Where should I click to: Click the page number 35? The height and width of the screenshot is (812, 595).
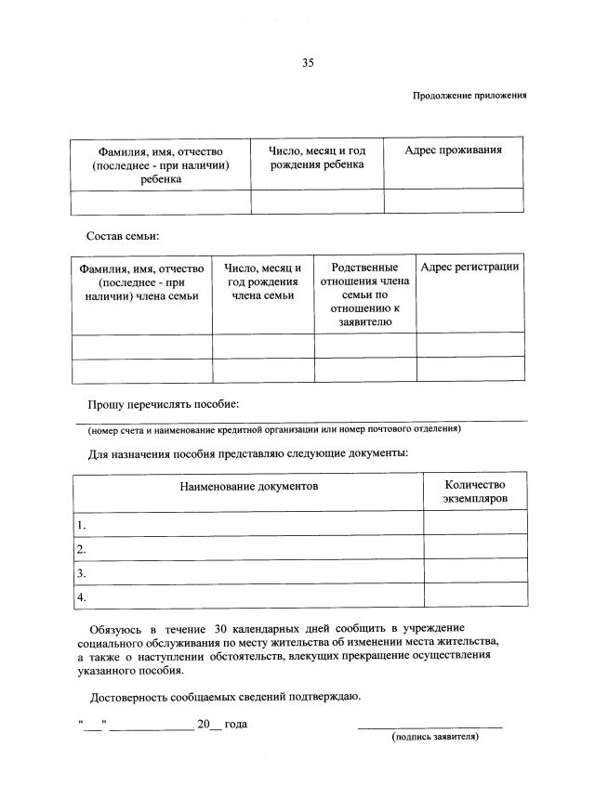click(x=308, y=63)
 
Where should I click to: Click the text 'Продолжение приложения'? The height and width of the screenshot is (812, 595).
click(x=470, y=96)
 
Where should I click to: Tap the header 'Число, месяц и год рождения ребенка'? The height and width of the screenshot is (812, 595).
click(x=317, y=158)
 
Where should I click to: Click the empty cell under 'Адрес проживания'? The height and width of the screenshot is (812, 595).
click(x=454, y=201)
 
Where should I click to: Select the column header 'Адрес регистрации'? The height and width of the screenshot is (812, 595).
click(x=469, y=268)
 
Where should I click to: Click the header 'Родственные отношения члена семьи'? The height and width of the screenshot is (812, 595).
click(x=364, y=295)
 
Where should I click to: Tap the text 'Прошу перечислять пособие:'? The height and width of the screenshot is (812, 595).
click(x=164, y=405)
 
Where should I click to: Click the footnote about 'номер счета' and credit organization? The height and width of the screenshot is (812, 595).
click(x=274, y=429)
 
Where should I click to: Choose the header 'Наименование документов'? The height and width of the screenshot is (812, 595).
click(x=248, y=486)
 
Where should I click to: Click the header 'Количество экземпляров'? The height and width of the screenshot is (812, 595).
click(x=474, y=491)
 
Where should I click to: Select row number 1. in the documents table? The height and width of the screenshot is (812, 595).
click(x=82, y=524)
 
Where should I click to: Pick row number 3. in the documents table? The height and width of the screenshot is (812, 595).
click(x=82, y=572)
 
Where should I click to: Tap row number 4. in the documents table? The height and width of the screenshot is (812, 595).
click(x=82, y=596)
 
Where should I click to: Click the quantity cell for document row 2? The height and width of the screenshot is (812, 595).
click(x=474, y=548)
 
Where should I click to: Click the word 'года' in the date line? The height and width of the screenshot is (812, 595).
click(x=235, y=724)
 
